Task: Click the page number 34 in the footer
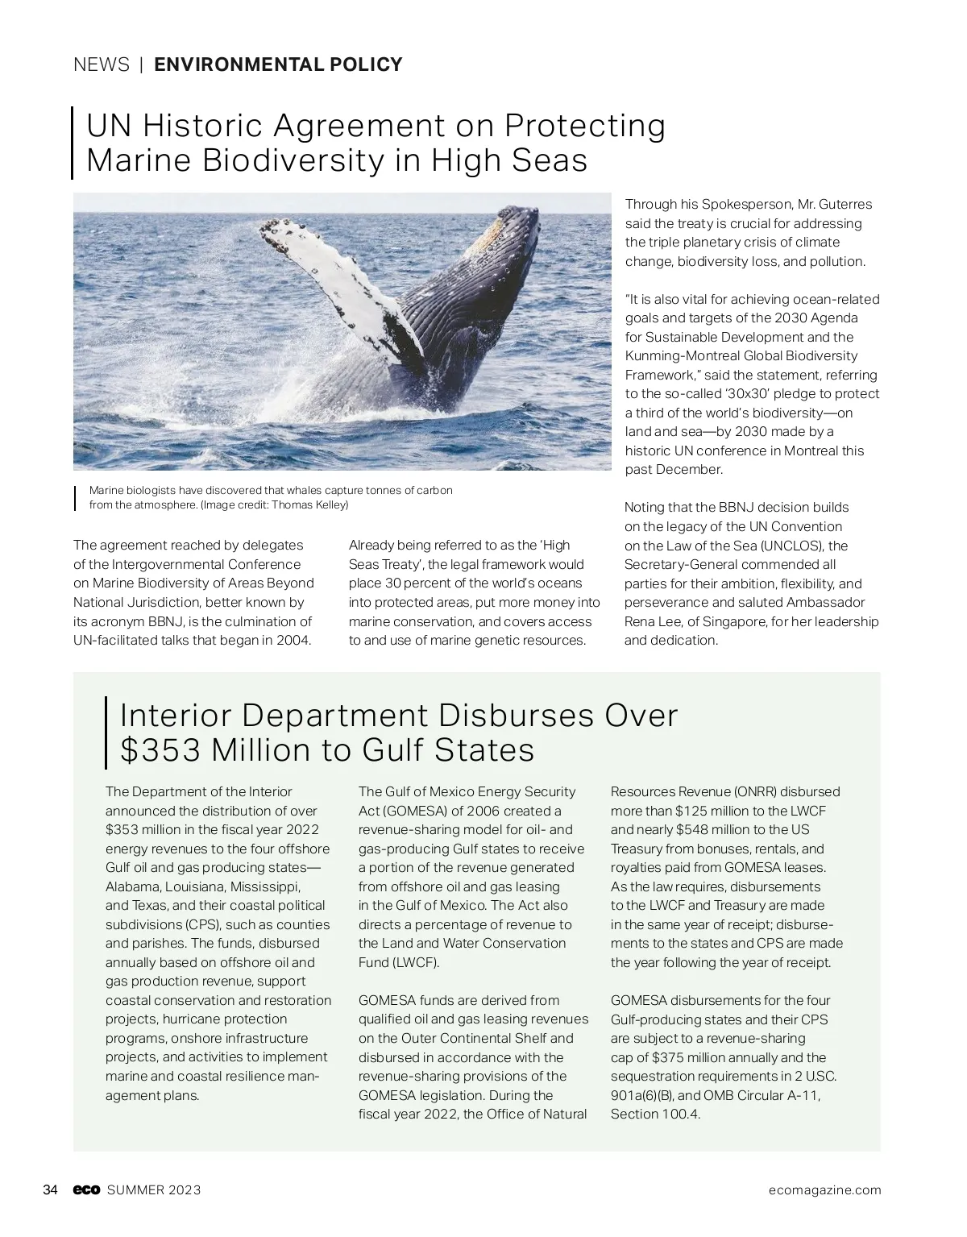(x=50, y=1190)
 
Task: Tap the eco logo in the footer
(x=85, y=1190)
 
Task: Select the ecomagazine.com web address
(x=824, y=1190)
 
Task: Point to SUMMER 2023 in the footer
(x=154, y=1190)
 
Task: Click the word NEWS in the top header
(x=101, y=64)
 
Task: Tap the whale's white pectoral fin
(x=334, y=282)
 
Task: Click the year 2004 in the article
(x=293, y=641)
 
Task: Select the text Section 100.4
(x=655, y=1115)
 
